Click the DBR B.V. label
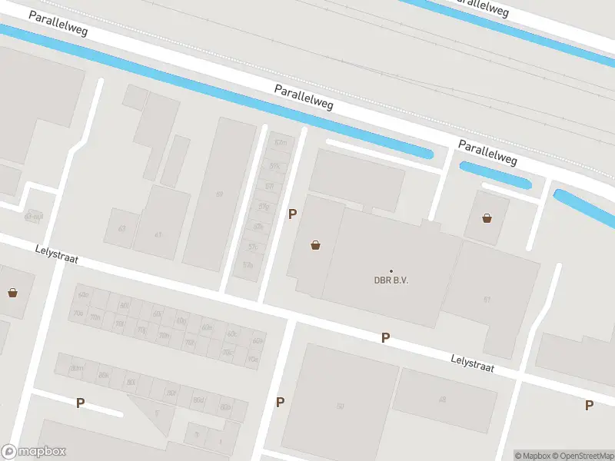point(391,280)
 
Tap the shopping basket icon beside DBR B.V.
point(315,246)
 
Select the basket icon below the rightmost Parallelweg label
point(487,218)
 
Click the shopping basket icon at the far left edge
point(13,292)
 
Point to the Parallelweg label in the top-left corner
point(58,25)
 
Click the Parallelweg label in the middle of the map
point(304,97)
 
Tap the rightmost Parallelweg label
point(487,152)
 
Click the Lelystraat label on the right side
point(471,363)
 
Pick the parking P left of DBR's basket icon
point(291,214)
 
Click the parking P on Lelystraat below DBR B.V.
point(386,337)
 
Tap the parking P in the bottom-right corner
point(589,405)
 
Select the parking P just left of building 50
point(281,402)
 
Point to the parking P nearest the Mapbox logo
point(80,402)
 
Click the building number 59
point(220,194)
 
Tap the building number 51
point(487,298)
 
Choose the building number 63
point(121,229)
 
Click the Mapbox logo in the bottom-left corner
point(34,452)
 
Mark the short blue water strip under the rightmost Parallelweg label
point(496,175)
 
